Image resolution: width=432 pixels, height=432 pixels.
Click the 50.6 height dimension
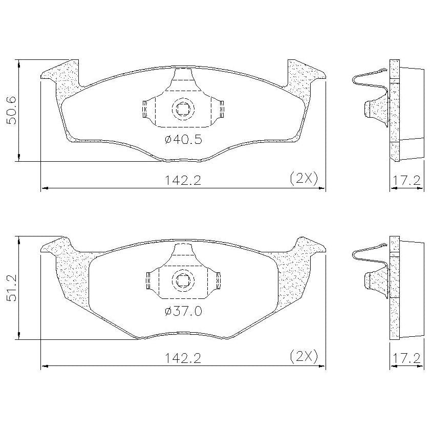pyautogui.click(x=12, y=111)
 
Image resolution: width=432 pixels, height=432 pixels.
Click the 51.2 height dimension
pyautogui.click(x=12, y=288)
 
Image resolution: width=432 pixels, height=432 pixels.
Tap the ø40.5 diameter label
pyautogui.click(x=183, y=139)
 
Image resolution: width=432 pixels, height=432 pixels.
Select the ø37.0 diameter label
pyautogui.click(x=183, y=311)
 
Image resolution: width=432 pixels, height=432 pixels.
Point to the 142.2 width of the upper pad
pyautogui.click(x=183, y=181)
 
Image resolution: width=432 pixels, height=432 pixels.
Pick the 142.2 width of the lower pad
pyautogui.click(x=183, y=358)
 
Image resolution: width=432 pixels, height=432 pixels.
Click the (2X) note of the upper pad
pyautogui.click(x=304, y=179)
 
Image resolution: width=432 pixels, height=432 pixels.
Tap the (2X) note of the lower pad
pyautogui.click(x=304, y=357)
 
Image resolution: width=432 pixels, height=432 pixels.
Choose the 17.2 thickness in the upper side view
pyautogui.click(x=406, y=181)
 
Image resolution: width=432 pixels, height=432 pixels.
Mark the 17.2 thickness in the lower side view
pyautogui.click(x=406, y=358)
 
